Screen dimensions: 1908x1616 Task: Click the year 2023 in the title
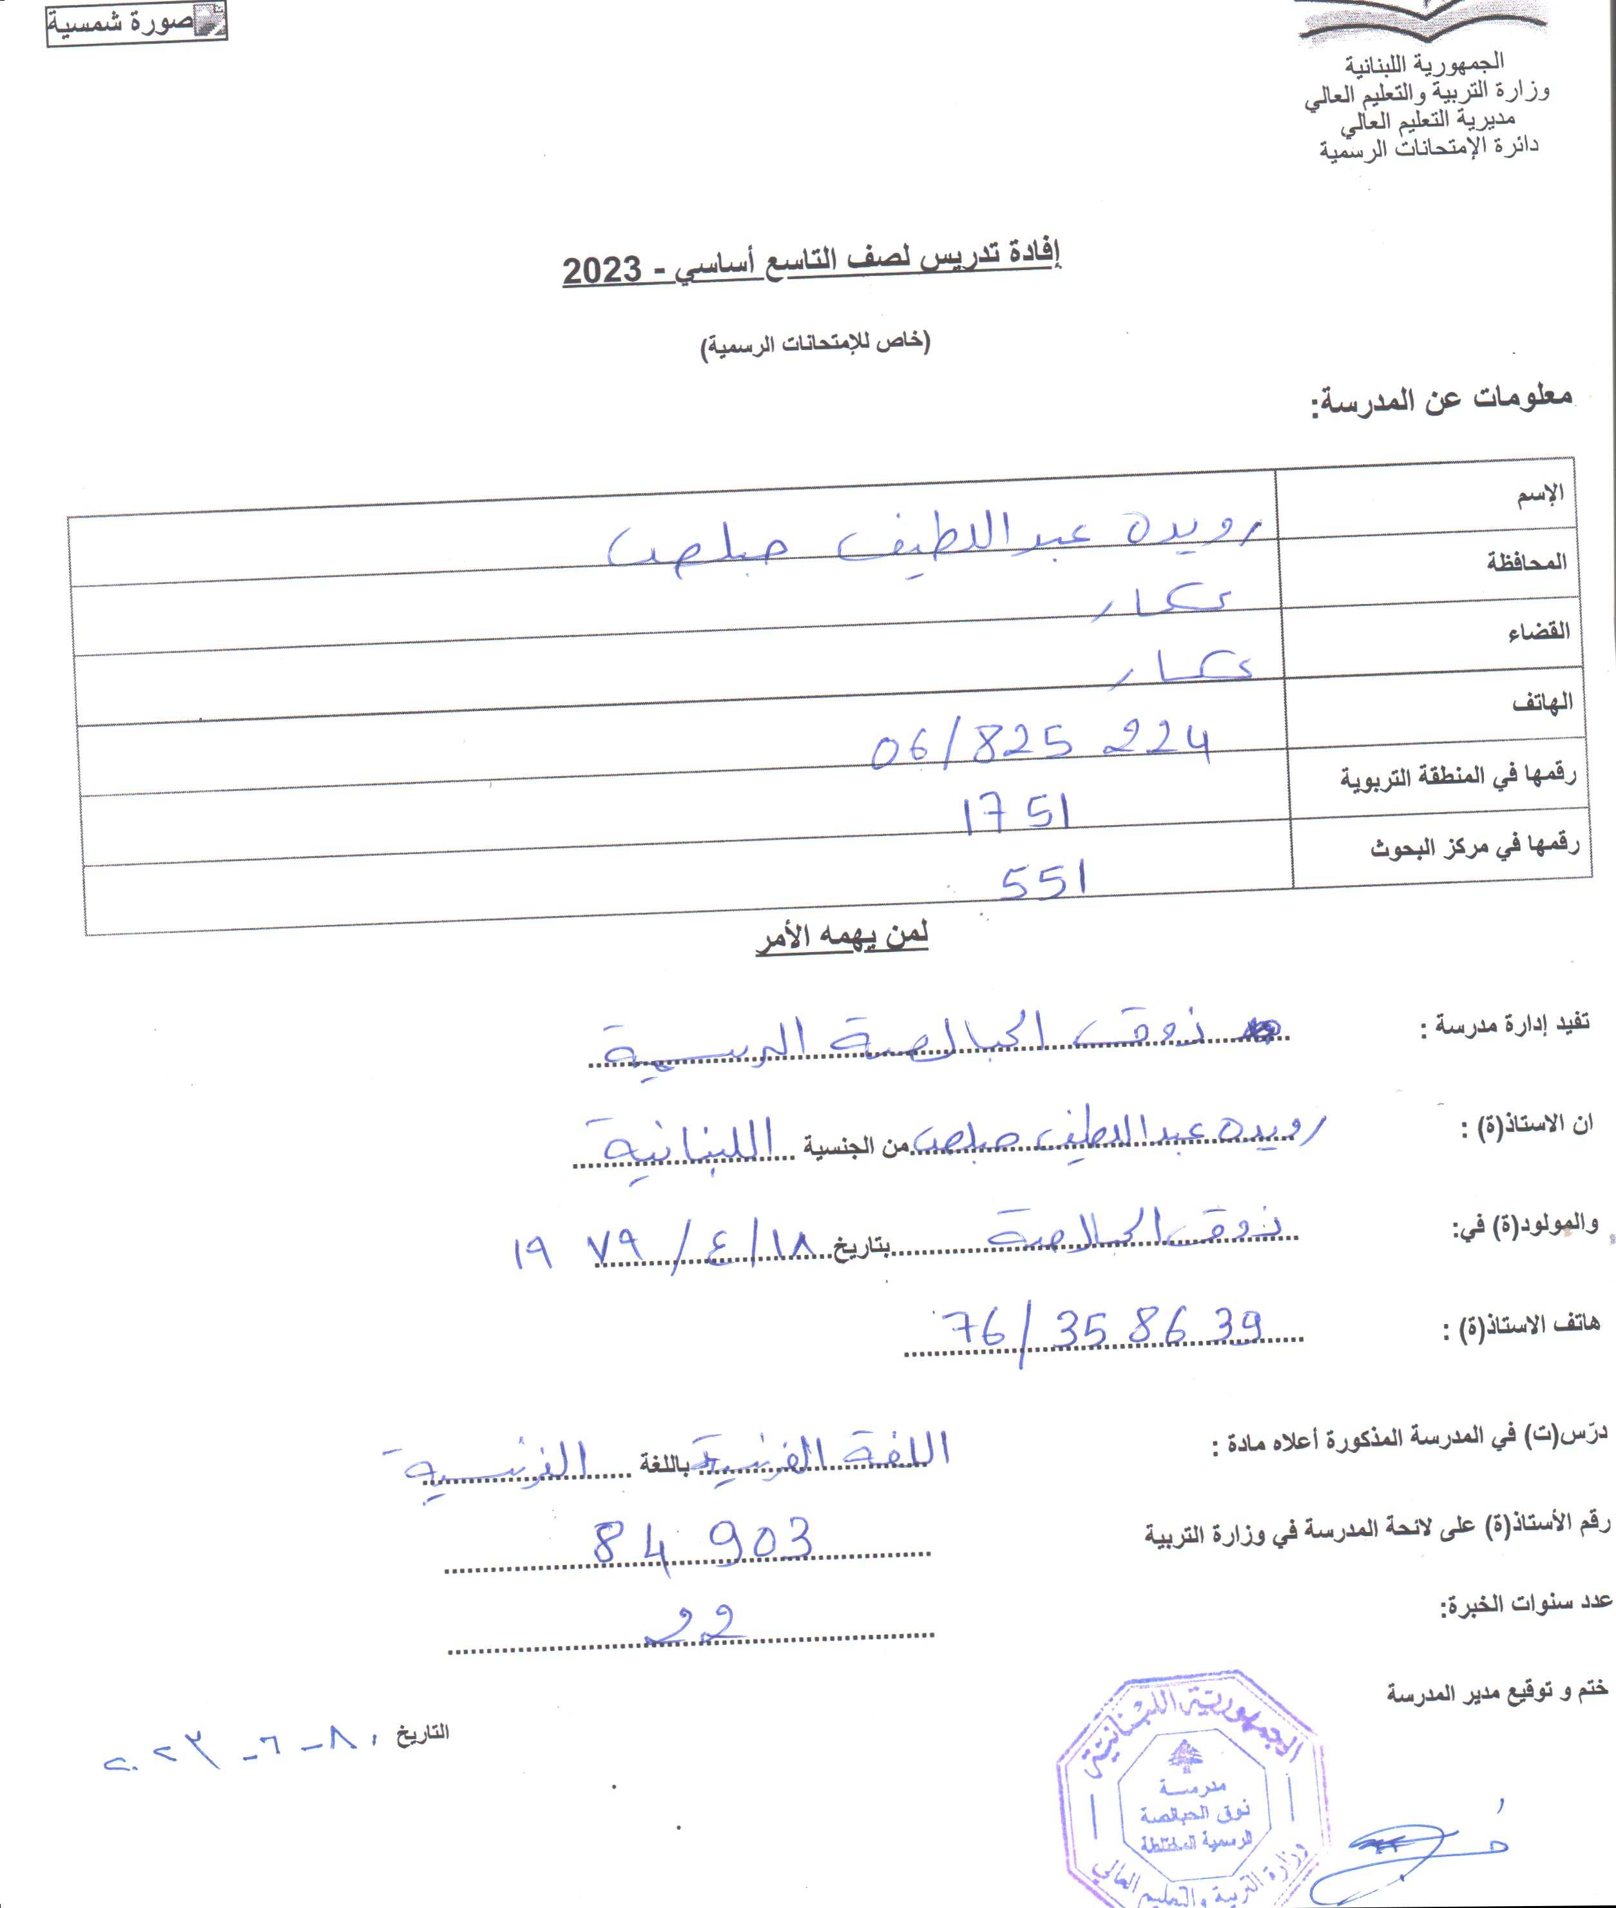(x=602, y=271)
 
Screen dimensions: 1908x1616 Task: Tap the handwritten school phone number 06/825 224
(x=1040, y=744)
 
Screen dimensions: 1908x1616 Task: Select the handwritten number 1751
(x=1016, y=813)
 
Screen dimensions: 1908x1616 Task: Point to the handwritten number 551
(x=1043, y=882)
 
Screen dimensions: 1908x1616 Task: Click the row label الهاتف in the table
(x=1542, y=703)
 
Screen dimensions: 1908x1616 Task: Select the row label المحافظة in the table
(x=1526, y=562)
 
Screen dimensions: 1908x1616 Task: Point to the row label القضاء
(x=1538, y=632)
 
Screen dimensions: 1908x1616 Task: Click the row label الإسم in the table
(x=1541, y=496)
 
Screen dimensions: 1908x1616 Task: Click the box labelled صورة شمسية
(x=137, y=23)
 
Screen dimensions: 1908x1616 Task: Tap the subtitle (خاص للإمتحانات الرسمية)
(x=815, y=345)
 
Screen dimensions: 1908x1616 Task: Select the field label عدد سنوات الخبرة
(x=1525, y=1603)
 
